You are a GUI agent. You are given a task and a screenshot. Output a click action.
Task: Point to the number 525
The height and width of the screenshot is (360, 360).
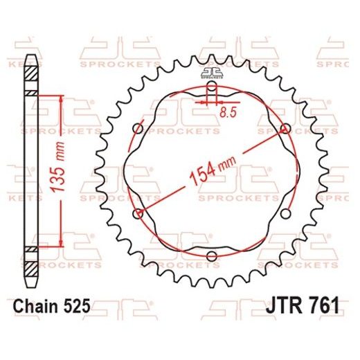pyautogui.click(x=74, y=305)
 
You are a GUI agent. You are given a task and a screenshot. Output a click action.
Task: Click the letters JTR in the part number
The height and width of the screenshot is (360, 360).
pyautogui.click(x=278, y=305)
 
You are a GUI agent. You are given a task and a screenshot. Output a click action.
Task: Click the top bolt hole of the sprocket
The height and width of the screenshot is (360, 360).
pyautogui.click(x=211, y=89)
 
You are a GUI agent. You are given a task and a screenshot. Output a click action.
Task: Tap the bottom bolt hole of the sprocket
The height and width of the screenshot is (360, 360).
pyautogui.click(x=211, y=258)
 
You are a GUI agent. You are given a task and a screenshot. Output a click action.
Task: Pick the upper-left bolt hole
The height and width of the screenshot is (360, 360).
pyautogui.click(x=137, y=129)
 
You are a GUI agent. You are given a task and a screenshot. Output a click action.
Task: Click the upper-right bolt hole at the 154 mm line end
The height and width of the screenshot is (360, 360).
pyautogui.click(x=285, y=128)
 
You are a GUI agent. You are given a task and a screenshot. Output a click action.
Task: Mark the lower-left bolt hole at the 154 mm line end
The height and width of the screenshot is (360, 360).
pyautogui.click(x=138, y=213)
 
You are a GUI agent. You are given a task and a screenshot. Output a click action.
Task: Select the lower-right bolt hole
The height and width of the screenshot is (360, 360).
pyautogui.click(x=285, y=214)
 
